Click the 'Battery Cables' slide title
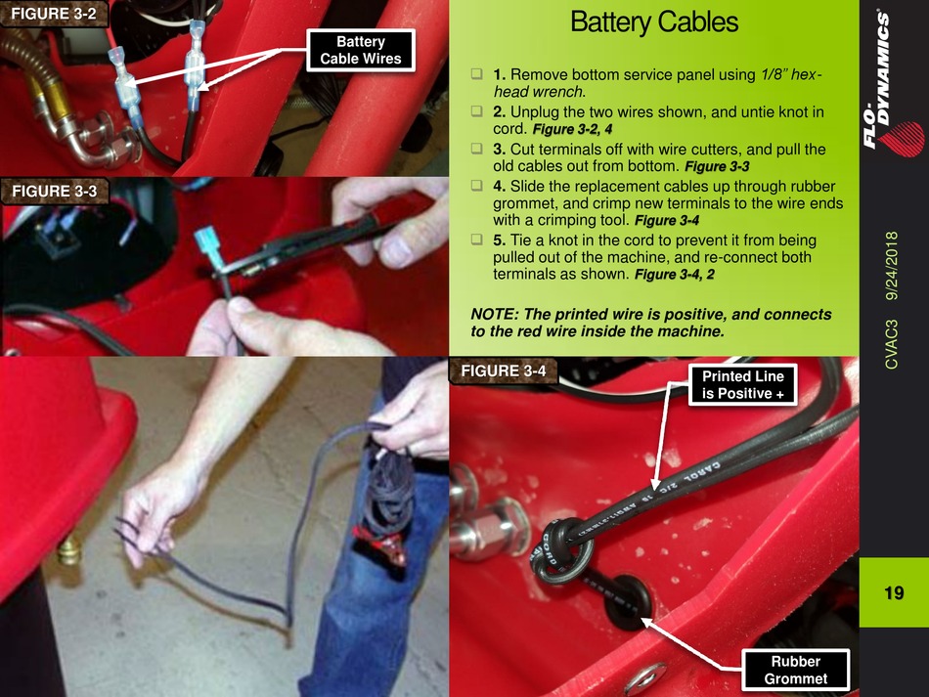tap(653, 22)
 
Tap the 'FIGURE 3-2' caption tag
tap(54, 14)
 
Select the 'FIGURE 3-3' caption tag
tap(54, 191)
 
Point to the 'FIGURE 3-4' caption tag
tap(503, 370)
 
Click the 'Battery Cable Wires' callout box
tap(360, 50)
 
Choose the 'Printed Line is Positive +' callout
tap(742, 385)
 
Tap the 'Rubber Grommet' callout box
tap(795, 670)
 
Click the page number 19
tap(894, 592)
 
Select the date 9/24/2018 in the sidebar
tap(892, 266)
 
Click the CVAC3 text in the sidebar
tap(892, 345)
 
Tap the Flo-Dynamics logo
tap(892, 83)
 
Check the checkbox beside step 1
tap(477, 74)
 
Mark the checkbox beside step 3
tap(477, 148)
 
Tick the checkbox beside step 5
tap(477, 240)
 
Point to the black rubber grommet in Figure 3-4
tap(627, 600)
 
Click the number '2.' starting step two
tap(500, 111)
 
